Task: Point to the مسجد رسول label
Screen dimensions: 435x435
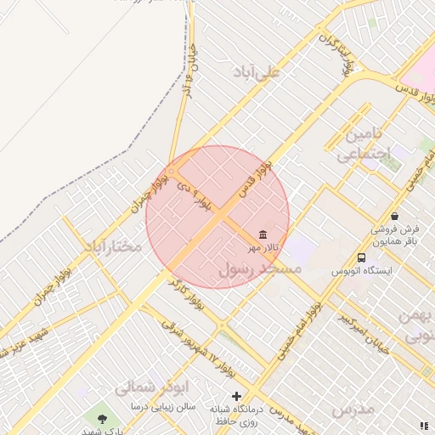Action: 261,268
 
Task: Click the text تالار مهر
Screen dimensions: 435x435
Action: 263,248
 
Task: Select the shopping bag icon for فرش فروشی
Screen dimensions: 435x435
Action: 395,217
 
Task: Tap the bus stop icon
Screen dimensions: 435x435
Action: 362,257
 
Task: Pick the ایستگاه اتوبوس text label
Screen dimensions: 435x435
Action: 361,272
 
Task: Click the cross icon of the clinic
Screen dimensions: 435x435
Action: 236,396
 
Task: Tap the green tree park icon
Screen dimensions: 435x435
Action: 103,418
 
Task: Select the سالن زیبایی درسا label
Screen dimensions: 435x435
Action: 162,407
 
